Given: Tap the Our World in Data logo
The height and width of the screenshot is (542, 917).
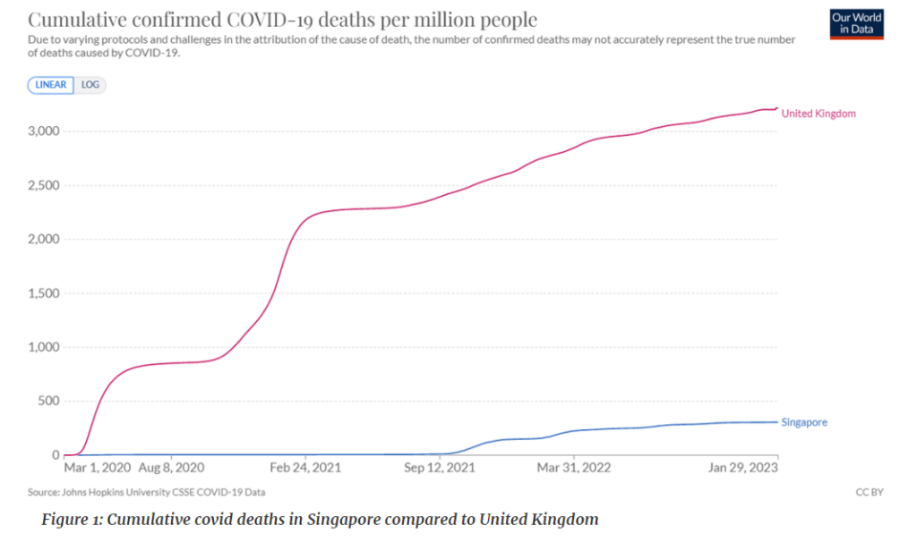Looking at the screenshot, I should pyautogui.click(x=856, y=24).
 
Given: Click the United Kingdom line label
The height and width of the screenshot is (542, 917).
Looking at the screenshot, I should pyautogui.click(x=818, y=114).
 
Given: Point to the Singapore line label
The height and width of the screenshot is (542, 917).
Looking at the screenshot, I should pyautogui.click(x=804, y=422).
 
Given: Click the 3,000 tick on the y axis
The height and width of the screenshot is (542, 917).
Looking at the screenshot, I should pyautogui.click(x=42, y=131).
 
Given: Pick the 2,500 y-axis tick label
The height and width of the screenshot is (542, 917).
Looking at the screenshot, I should pyautogui.click(x=42, y=185).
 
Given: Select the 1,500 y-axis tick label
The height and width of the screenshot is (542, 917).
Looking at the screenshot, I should pyautogui.click(x=42, y=293).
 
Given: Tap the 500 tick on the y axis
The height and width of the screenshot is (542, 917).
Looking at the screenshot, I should pyautogui.click(x=47, y=401).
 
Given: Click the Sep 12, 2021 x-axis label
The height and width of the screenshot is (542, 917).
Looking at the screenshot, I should pyautogui.click(x=440, y=468).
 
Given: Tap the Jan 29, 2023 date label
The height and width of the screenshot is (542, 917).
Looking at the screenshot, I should pyautogui.click(x=742, y=468).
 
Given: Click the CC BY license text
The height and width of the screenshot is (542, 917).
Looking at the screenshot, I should pyautogui.click(x=870, y=492).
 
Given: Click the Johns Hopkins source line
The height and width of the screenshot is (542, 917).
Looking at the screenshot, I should pyautogui.click(x=148, y=492).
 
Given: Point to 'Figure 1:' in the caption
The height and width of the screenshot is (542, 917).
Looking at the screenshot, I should pyautogui.click(x=72, y=520).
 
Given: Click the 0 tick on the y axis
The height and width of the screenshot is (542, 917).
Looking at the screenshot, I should pyautogui.click(x=55, y=455).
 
